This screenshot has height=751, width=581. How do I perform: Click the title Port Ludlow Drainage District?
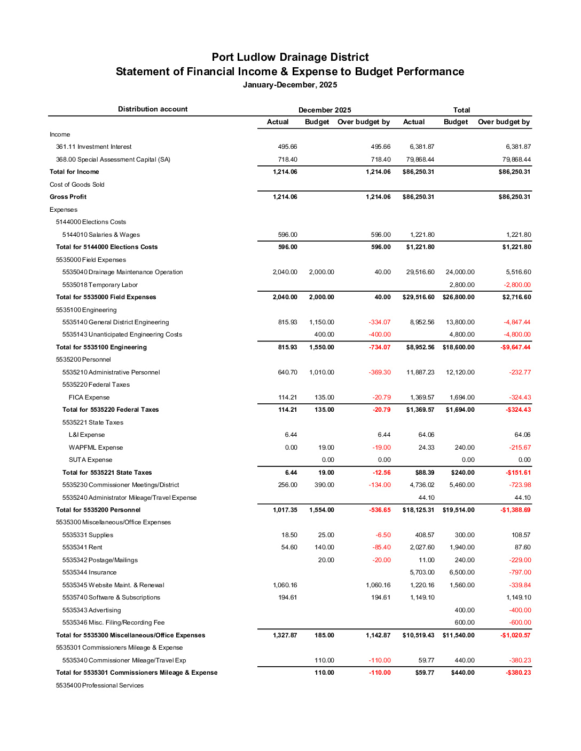click(x=290, y=57)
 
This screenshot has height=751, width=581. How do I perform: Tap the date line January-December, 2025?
click(x=290, y=85)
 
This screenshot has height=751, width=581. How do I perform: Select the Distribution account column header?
click(x=153, y=109)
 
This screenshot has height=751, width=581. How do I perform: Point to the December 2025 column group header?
click(x=325, y=110)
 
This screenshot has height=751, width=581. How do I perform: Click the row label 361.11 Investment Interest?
click(x=93, y=147)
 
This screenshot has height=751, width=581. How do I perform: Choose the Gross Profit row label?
click(x=68, y=197)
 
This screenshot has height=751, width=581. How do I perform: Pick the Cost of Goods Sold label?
click(x=77, y=185)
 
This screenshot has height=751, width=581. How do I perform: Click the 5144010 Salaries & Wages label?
click(x=101, y=235)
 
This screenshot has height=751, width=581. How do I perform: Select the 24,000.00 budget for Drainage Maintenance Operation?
click(x=460, y=272)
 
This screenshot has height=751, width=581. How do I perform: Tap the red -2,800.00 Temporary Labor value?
click(x=517, y=285)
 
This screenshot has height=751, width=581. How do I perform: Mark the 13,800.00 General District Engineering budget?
click(x=460, y=322)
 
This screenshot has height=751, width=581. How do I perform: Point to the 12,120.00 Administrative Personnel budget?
click(x=460, y=372)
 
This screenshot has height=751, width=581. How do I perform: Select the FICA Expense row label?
click(x=89, y=397)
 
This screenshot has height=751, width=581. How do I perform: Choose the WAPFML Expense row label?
click(x=96, y=448)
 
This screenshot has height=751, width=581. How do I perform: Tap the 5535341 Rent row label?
click(x=82, y=547)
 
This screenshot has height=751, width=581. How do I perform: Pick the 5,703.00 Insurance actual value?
click(x=422, y=572)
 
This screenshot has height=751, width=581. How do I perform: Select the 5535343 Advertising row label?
click(x=91, y=610)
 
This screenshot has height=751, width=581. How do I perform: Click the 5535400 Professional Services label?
click(x=99, y=685)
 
